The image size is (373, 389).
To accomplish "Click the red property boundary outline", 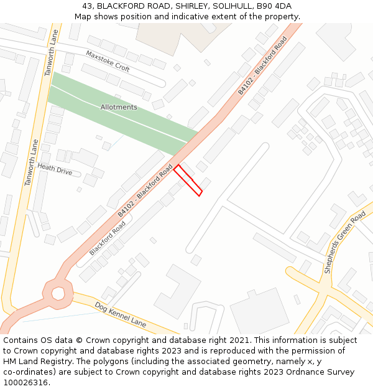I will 188,180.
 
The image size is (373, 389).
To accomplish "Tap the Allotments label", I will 119,107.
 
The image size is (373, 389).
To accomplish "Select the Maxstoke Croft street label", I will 108,61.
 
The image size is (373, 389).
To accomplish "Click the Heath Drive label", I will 55,169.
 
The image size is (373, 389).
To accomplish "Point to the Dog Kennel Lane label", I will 121,315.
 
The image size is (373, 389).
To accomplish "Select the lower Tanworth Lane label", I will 32,162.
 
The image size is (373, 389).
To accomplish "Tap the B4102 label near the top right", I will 262,66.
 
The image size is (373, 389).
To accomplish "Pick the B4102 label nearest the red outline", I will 145,190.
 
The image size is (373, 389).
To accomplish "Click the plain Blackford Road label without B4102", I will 103,238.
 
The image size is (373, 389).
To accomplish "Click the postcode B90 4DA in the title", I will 275,6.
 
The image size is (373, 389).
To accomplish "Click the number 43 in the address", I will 87,6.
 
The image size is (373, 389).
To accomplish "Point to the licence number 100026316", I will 27,383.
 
